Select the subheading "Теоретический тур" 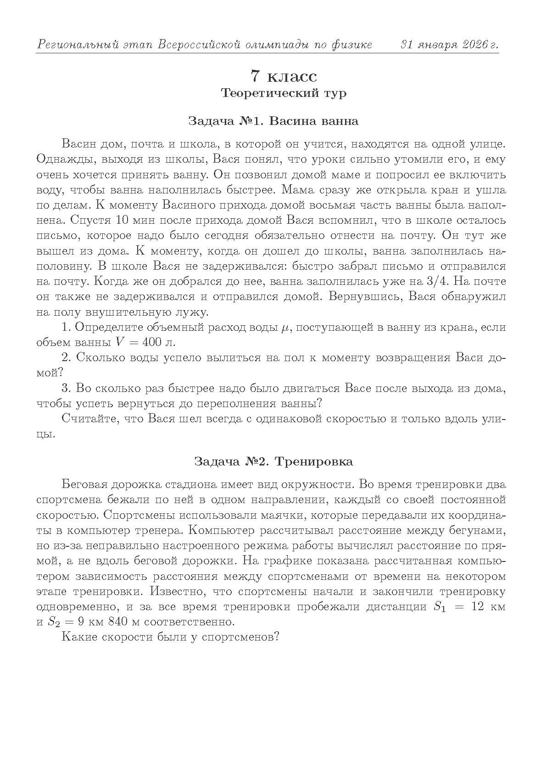coord(283,93)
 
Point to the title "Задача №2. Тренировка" coord(273,461)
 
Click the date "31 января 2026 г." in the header coord(450,45)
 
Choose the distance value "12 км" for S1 coord(488,607)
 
